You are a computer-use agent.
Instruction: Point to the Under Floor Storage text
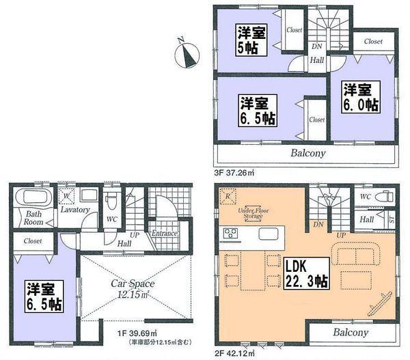click(251, 214)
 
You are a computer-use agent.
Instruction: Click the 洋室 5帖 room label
click(251, 40)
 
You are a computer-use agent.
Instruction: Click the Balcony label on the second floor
click(351, 333)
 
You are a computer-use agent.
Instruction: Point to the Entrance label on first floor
click(164, 233)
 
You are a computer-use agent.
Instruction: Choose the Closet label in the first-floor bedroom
click(32, 240)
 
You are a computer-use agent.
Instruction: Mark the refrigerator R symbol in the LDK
click(227, 197)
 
